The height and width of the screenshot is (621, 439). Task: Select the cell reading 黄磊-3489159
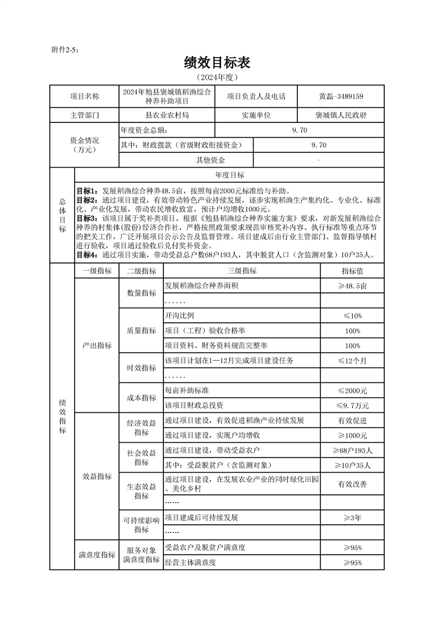pos(341,96)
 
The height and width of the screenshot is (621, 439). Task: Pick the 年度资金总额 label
pos(143,131)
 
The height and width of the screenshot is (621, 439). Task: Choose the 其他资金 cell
pos(210,160)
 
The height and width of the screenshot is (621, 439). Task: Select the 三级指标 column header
pos(242,271)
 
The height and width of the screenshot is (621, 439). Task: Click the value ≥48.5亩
pos(353,286)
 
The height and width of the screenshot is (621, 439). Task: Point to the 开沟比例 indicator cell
pos(180,315)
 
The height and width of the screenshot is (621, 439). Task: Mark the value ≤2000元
pos(353,390)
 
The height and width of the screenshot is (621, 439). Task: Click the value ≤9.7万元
pos(353,405)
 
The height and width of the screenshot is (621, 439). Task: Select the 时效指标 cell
pos(141,368)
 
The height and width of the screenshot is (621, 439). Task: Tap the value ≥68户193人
pos(353,450)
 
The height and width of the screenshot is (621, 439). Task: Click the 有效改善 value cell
pos(353,484)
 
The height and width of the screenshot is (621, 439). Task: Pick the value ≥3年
pos(353,518)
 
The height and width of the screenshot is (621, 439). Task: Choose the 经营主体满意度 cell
pos(190,562)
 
